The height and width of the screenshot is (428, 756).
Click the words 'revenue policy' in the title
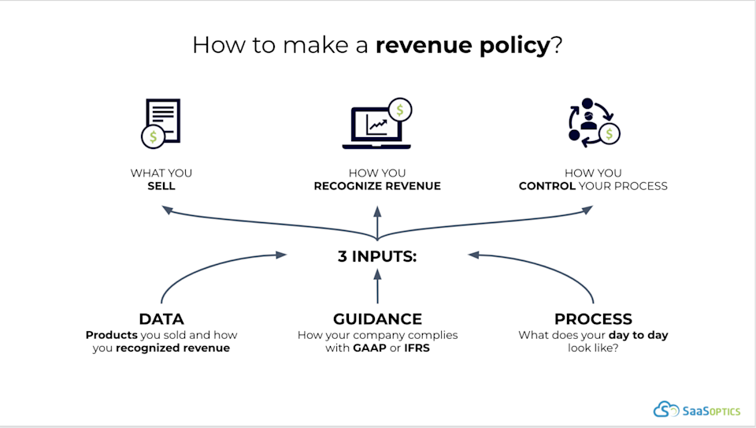462,46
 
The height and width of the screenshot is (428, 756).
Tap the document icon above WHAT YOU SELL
161,124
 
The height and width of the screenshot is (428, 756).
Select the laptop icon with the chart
377,124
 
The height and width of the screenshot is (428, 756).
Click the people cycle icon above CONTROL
594,122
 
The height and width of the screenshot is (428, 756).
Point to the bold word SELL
161,186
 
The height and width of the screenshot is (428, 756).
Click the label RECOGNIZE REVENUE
377,186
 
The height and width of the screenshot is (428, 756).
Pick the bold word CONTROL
547,186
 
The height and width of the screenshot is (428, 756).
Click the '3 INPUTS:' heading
377,256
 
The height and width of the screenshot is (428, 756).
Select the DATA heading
161,319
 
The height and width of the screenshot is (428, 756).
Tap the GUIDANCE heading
377,319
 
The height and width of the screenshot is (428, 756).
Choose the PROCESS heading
593,319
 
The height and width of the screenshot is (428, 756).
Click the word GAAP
369,348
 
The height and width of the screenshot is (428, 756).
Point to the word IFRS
417,348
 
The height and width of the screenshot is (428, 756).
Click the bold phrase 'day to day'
639,335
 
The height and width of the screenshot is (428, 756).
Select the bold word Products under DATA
111,335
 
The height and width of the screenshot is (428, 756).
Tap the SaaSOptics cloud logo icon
666,409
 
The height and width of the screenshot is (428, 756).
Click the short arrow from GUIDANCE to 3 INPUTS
377,286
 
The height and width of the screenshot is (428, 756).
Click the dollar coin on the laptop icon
400,110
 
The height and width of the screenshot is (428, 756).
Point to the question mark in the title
557,45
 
